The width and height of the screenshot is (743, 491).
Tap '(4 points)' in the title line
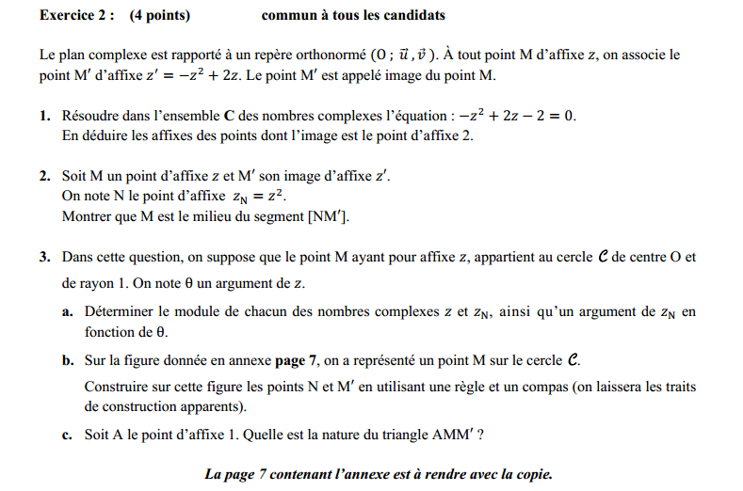(160, 16)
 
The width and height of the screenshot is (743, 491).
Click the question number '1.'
(45, 117)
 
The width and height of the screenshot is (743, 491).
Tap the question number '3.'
(45, 257)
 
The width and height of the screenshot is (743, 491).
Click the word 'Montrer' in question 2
(87, 217)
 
